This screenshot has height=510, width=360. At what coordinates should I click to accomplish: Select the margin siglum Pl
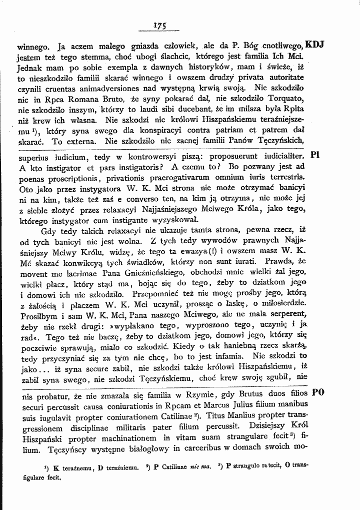tap(315, 155)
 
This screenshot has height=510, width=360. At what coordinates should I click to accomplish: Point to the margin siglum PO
tap(317, 392)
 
